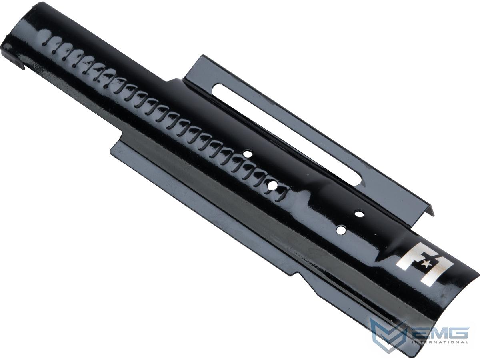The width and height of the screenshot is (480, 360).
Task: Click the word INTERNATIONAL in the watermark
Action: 440,348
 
